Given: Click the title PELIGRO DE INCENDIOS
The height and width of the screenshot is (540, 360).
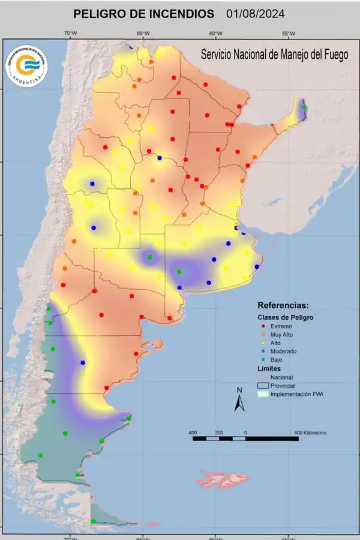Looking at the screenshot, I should (x=143, y=13).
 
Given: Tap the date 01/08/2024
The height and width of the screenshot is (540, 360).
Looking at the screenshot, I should (x=256, y=13).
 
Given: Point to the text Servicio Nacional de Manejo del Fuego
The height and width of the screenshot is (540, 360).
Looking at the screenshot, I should (x=274, y=55).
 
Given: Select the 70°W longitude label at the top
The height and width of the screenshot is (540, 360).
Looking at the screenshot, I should (x=70, y=33).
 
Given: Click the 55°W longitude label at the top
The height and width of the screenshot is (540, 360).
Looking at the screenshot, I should (x=288, y=33).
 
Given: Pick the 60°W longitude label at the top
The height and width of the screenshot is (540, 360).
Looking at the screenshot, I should (x=215, y=33).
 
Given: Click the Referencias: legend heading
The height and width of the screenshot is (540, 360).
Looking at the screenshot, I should (x=283, y=305).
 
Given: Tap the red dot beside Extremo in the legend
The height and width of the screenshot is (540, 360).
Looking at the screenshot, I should (x=263, y=326).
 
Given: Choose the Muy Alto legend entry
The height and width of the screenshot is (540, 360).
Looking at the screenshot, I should (x=281, y=334).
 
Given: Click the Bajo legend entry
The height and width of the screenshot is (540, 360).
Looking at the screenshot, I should (x=277, y=359).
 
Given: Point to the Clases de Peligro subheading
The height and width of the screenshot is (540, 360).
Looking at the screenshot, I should (x=286, y=317).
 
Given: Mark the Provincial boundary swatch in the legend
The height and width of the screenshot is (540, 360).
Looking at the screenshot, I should (x=262, y=386).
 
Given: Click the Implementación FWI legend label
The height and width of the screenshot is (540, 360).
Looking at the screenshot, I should (x=297, y=394).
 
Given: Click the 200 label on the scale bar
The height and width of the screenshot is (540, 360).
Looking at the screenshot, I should (x=219, y=432).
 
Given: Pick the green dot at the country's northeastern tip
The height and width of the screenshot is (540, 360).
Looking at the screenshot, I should (x=304, y=107).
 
